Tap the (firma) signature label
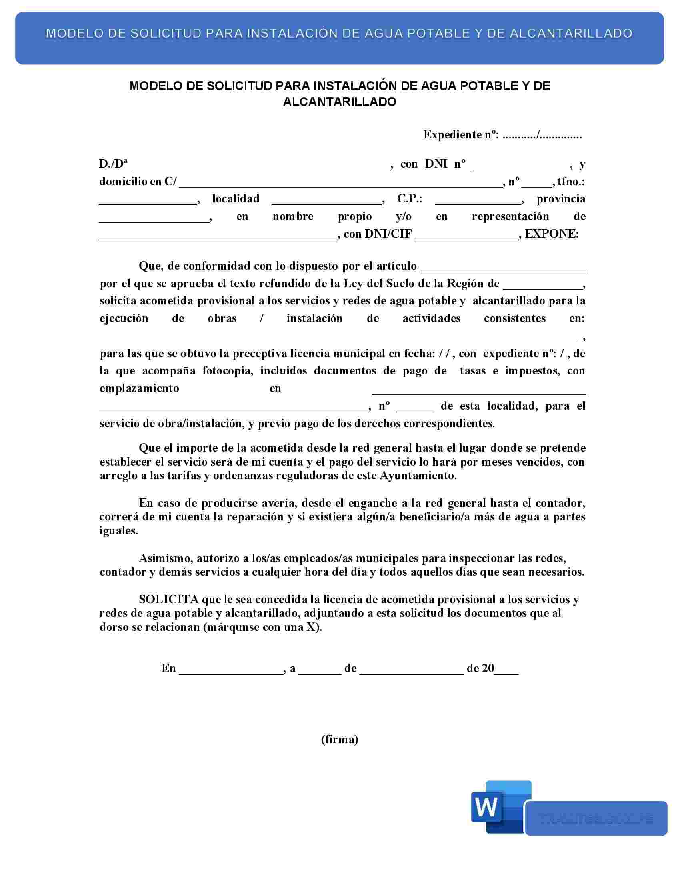(340, 739)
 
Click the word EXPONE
(551, 234)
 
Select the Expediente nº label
(461, 135)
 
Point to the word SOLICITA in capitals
(169, 600)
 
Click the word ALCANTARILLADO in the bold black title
(340, 102)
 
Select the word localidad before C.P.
(236, 199)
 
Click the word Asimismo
(167, 558)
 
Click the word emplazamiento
(139, 388)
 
